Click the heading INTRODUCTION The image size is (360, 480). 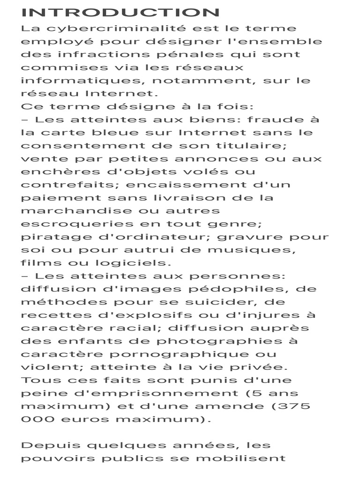tap(120, 13)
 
